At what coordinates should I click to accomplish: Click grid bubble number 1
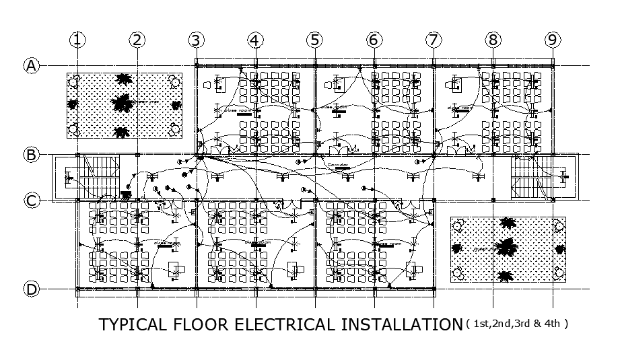click(x=78, y=40)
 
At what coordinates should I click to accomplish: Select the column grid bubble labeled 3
click(x=196, y=40)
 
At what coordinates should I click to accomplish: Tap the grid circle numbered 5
click(x=314, y=40)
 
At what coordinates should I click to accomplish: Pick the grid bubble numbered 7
click(x=433, y=40)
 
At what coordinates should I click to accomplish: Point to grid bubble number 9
click(x=552, y=40)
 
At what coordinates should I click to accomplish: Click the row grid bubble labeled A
click(x=31, y=65)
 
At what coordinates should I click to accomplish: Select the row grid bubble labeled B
click(x=31, y=155)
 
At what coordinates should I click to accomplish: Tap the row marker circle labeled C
click(x=31, y=200)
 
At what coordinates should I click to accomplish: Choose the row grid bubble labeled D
click(x=31, y=289)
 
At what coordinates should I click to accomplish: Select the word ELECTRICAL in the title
click(x=283, y=325)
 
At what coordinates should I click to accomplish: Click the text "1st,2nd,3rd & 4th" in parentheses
click(x=517, y=324)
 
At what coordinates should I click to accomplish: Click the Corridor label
click(x=336, y=164)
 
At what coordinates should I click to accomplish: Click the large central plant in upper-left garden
click(x=122, y=104)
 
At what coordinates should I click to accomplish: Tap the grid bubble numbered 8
click(x=493, y=40)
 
